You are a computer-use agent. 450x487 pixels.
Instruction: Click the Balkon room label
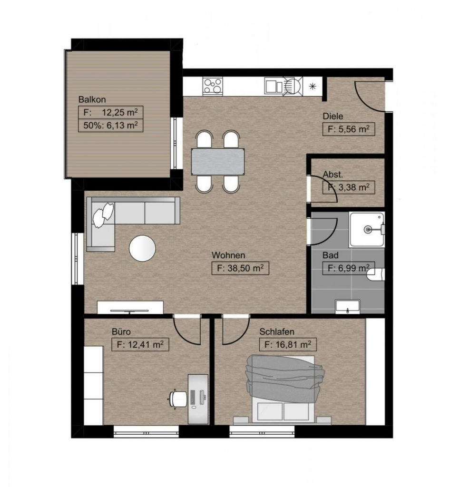point(92,100)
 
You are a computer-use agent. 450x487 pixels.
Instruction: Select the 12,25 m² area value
point(120,112)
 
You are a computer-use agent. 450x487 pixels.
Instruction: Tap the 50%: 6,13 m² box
point(110,126)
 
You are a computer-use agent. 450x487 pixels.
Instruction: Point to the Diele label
point(333,117)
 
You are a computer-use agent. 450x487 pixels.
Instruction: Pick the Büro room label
point(121,331)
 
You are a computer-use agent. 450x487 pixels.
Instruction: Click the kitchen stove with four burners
point(213,86)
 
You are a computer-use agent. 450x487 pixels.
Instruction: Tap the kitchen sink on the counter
point(274,86)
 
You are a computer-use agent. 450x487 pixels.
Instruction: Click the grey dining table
point(218,162)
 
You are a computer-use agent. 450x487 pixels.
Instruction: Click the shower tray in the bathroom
point(367,230)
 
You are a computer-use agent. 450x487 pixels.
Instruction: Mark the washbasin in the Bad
point(348,306)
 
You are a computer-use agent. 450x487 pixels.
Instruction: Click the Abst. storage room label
point(333,175)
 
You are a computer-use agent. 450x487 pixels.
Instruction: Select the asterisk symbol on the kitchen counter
point(313,87)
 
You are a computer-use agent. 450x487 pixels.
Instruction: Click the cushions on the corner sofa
point(103,213)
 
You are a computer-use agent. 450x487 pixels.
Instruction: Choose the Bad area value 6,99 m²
point(349,268)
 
